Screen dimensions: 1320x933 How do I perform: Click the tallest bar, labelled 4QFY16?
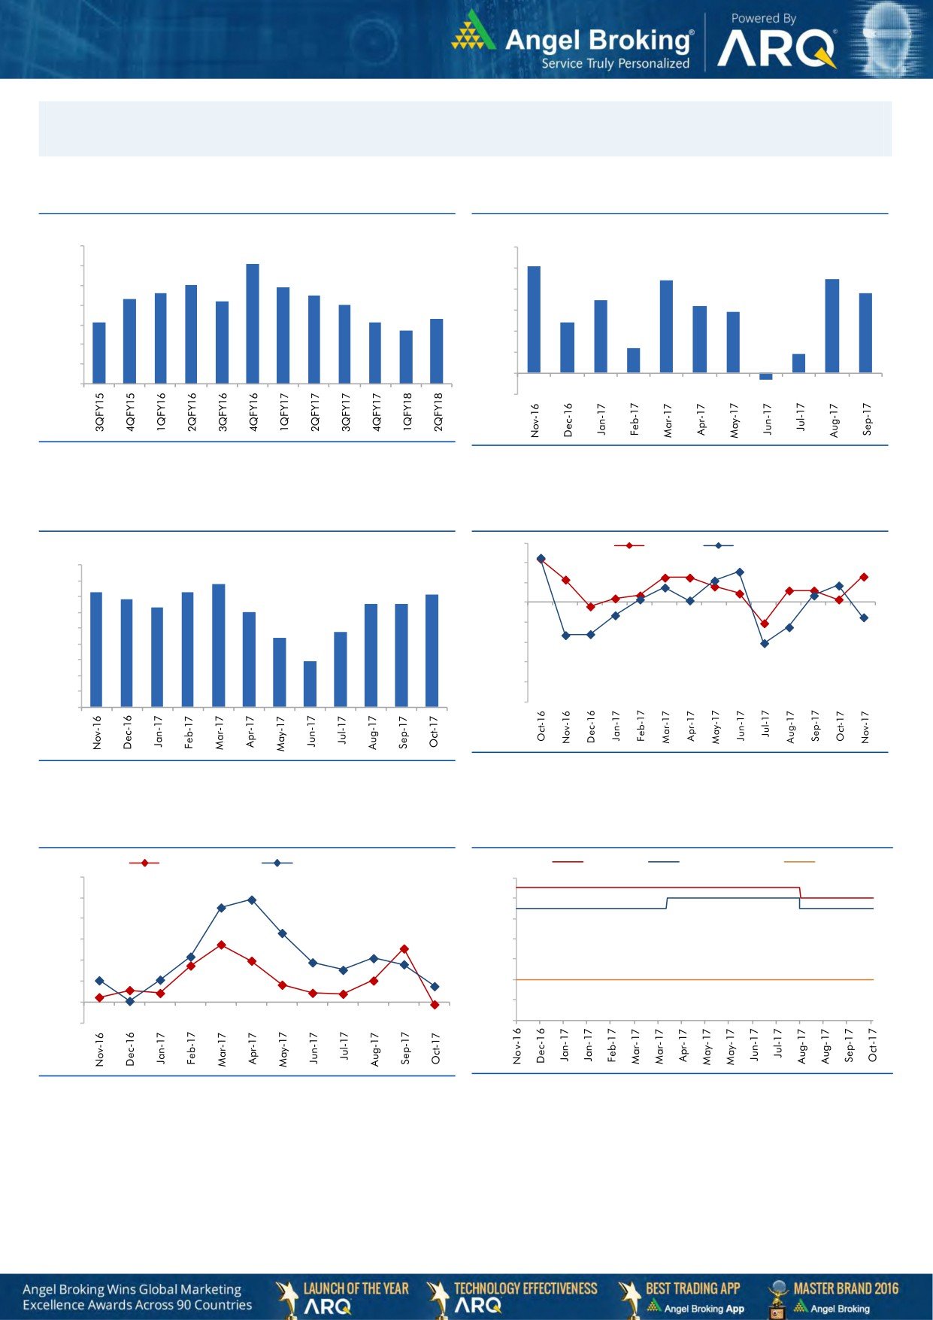click(253, 323)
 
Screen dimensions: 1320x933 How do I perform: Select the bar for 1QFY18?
click(406, 357)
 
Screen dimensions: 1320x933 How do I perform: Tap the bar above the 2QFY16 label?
click(191, 334)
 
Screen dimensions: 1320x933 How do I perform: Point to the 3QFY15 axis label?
click(100, 411)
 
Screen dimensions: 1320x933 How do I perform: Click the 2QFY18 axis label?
click(438, 411)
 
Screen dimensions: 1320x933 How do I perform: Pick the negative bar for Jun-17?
click(766, 376)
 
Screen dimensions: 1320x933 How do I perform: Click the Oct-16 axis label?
click(541, 726)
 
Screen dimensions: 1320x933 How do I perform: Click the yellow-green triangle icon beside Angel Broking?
click(474, 32)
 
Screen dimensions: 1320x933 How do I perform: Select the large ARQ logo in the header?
click(775, 50)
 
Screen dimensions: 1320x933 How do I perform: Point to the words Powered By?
click(763, 18)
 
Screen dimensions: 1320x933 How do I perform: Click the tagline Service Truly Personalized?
click(615, 64)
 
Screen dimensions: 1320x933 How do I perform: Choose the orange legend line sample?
click(799, 862)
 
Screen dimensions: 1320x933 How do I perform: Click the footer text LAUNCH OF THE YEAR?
click(356, 1288)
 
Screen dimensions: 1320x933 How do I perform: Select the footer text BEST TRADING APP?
click(692, 1288)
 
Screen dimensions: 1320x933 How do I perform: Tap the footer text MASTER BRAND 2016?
click(846, 1288)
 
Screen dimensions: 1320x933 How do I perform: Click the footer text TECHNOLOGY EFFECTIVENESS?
click(526, 1288)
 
